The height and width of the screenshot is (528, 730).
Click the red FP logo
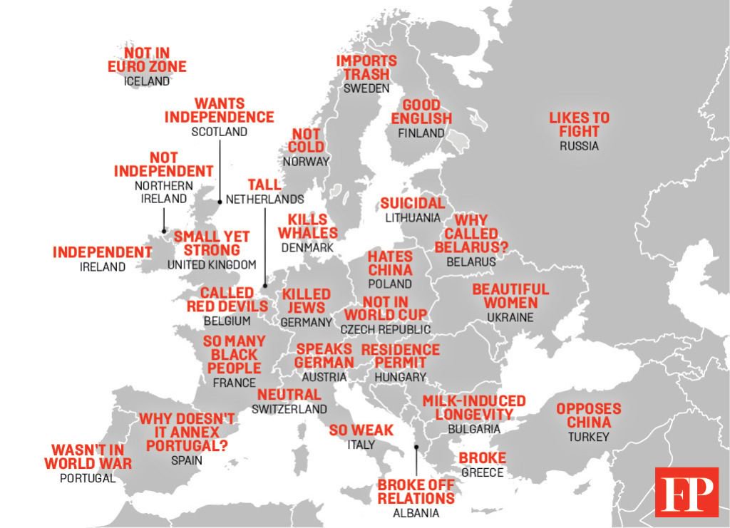(x=687, y=492)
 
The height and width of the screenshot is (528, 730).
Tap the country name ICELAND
(x=147, y=81)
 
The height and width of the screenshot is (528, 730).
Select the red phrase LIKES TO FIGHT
(x=579, y=125)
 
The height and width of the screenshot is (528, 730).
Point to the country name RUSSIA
(x=579, y=146)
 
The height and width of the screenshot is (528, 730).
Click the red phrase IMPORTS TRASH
(x=366, y=68)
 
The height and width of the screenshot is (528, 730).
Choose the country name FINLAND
(x=421, y=133)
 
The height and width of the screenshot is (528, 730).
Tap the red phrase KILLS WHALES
(x=307, y=226)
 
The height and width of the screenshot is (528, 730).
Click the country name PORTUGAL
(x=88, y=478)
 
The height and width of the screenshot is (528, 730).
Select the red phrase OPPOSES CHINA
(x=588, y=416)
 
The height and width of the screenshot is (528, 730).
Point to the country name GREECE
(x=482, y=472)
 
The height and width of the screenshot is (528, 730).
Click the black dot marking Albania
(x=416, y=447)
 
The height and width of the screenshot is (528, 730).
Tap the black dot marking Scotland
(x=220, y=201)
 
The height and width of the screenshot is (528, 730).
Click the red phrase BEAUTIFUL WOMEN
(x=510, y=296)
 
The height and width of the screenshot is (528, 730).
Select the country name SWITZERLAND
(x=289, y=409)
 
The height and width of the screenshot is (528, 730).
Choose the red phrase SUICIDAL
(x=412, y=204)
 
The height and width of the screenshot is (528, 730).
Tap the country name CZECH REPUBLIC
(x=385, y=329)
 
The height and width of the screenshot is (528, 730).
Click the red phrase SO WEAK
(x=361, y=430)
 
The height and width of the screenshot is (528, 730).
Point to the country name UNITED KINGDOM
(x=211, y=265)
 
